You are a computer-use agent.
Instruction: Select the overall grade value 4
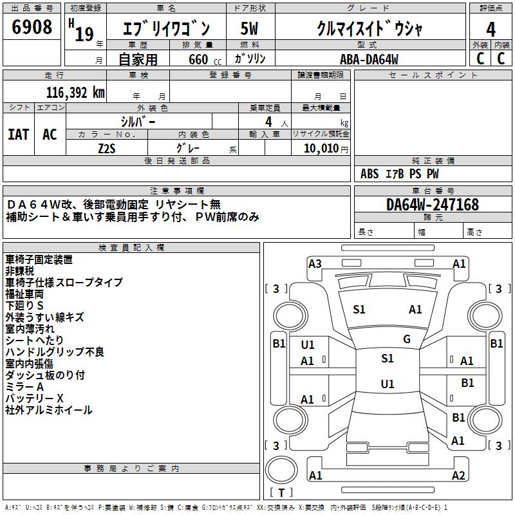click(x=491, y=30)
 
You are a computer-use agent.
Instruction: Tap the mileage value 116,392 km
click(x=75, y=92)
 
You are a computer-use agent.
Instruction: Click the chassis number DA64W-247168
click(x=433, y=205)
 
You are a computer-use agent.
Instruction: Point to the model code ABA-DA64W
click(x=369, y=59)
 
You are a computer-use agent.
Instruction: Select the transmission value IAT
click(x=19, y=135)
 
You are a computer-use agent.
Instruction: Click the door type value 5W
click(x=249, y=30)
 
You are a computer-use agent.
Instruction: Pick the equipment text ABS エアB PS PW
click(x=400, y=174)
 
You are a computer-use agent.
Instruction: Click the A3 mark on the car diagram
click(x=315, y=263)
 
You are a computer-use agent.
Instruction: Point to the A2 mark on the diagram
click(x=458, y=476)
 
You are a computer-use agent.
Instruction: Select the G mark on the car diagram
click(x=407, y=339)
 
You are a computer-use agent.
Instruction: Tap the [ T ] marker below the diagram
click(x=281, y=493)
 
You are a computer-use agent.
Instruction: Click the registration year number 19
click(x=84, y=33)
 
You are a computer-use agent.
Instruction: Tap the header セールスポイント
click(x=433, y=75)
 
